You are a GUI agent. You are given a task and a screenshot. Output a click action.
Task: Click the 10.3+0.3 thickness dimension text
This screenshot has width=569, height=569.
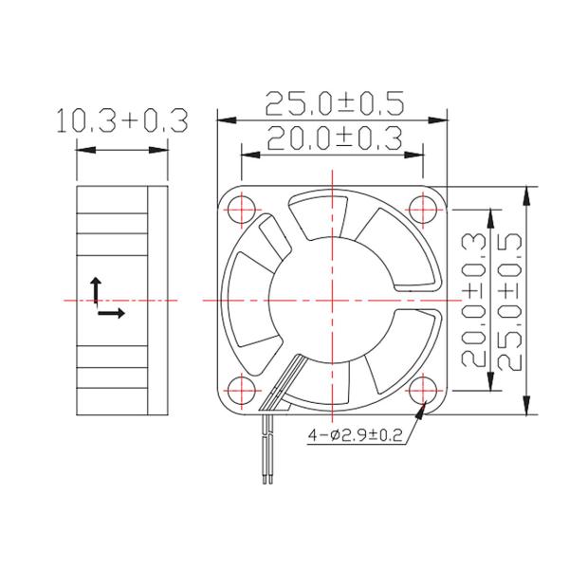pos(120,121)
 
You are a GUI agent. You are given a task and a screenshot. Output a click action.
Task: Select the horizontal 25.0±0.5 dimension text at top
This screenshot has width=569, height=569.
pos(334,101)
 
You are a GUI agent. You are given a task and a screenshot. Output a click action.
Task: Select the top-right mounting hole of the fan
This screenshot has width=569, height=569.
pos(424,208)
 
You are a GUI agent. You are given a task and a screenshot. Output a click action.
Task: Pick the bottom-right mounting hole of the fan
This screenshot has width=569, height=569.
pos(424,390)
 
